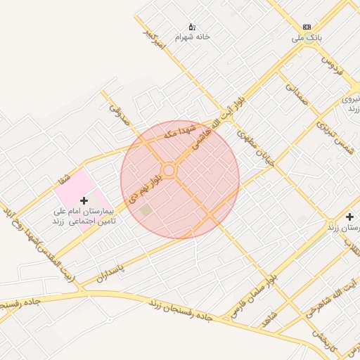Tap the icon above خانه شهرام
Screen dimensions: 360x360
(x=193, y=26)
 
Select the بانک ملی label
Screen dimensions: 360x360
(x=307, y=38)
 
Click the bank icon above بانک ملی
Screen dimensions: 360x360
(x=307, y=26)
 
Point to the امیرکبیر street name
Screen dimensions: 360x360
(x=153, y=41)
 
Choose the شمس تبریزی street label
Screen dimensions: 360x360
(x=333, y=133)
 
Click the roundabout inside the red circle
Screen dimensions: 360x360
(x=169, y=171)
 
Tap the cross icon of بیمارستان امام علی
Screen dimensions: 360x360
(x=84, y=200)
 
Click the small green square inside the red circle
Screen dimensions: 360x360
(x=146, y=210)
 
